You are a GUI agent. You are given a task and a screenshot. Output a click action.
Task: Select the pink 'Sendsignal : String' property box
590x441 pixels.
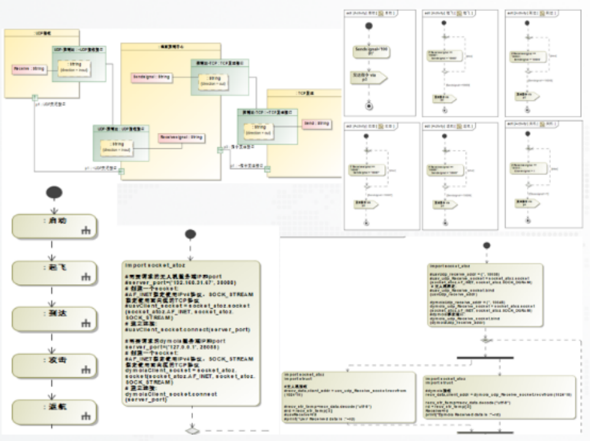(151, 78)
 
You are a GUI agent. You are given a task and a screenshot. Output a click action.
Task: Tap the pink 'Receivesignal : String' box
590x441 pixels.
(181, 138)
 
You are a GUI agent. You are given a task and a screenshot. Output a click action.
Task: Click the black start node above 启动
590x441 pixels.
(54, 192)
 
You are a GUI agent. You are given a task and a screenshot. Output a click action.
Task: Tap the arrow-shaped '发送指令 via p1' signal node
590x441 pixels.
(369, 78)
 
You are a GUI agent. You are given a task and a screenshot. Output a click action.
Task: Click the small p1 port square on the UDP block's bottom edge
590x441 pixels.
(35, 97)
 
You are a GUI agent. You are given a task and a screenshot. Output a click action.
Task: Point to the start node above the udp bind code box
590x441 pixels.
(486, 246)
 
